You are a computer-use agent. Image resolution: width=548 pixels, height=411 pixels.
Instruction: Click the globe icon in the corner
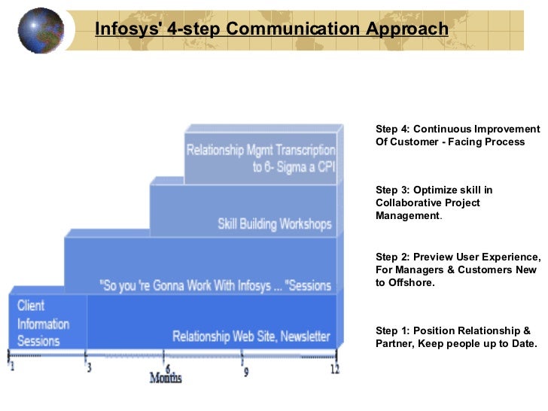41,30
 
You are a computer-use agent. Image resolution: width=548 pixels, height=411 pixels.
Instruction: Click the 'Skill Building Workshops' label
274,224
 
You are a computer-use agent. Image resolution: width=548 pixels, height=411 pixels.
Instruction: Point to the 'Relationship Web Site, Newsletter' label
251,336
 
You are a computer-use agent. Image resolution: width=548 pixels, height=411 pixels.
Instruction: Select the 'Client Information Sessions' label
43,323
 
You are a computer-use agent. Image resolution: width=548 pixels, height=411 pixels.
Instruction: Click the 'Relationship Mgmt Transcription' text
260,150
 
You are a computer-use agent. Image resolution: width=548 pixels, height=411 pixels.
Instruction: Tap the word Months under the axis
165,377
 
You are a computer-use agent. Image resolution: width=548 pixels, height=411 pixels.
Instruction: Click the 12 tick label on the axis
334,369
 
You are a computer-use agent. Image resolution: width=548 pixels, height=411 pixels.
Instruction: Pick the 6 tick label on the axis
167,368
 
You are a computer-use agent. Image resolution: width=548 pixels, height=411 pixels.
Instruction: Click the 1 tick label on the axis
11,368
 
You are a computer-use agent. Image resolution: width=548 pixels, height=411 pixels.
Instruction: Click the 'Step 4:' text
392,129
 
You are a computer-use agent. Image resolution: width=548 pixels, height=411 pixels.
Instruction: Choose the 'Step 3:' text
392,190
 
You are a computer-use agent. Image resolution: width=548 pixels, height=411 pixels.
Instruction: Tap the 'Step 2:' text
392,256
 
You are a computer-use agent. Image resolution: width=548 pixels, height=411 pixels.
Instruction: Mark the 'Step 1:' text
392,330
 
